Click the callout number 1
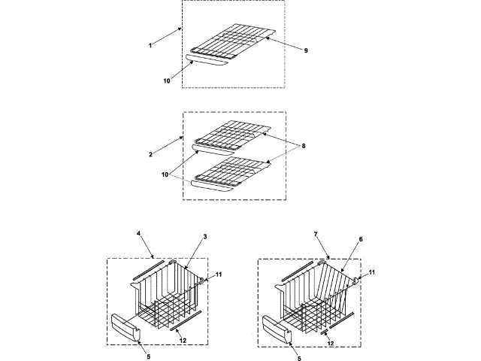coord(151,45)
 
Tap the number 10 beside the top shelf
coord(166,80)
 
